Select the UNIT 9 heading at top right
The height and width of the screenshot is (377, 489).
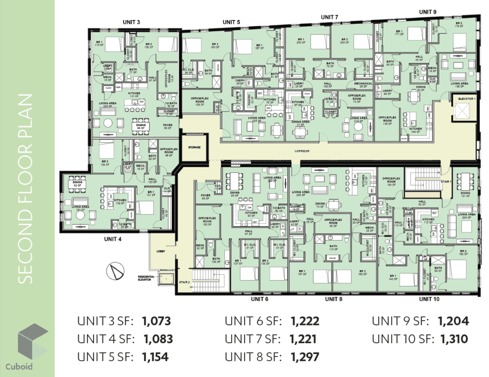pyautogui.click(x=428, y=12)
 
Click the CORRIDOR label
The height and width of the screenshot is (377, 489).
pyautogui.click(x=302, y=151)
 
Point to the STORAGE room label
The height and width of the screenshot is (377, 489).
pyautogui.click(x=194, y=147)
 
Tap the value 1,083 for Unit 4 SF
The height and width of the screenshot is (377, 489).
pyautogui.click(x=158, y=339)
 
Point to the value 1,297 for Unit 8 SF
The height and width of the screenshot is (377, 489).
pyautogui.click(x=304, y=356)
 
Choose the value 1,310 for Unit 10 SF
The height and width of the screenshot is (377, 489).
pyautogui.click(x=454, y=339)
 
